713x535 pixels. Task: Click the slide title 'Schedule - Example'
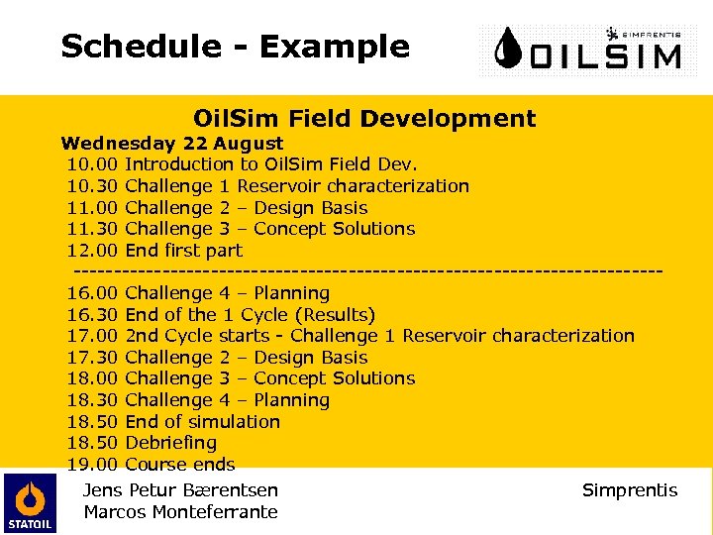235,47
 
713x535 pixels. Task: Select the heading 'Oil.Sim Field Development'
363,120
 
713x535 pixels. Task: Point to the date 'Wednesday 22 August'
172,144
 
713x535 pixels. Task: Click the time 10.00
93,164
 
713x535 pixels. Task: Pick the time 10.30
93,186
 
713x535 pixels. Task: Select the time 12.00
93,251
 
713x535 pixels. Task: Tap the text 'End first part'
184,251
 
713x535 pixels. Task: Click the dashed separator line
366,270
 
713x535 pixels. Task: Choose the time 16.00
93,293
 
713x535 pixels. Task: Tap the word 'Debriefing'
171,443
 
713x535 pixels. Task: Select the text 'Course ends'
180,465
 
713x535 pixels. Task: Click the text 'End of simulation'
203,422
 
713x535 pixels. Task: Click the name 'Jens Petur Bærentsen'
181,490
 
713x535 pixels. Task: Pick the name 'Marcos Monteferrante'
181,512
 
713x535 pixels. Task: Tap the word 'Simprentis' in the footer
630,490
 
